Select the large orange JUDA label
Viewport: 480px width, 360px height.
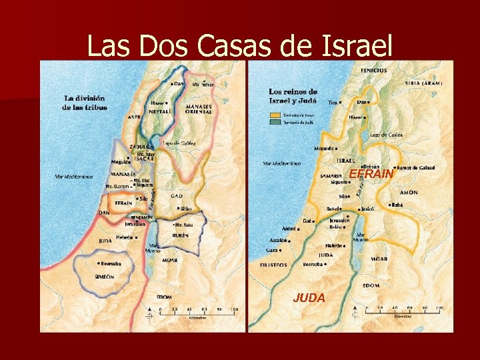(309, 298)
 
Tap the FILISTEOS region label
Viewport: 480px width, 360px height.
(273, 265)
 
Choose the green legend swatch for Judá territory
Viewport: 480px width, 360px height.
(274, 123)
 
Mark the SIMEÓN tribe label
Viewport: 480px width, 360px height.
(104, 277)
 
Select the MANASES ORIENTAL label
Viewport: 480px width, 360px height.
(199, 109)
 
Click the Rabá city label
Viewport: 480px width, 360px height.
(397, 205)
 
